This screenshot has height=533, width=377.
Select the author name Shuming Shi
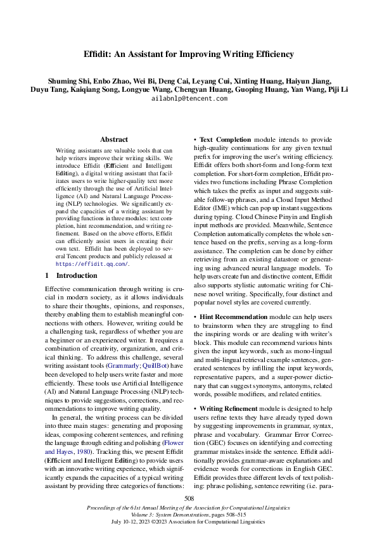click(67, 83)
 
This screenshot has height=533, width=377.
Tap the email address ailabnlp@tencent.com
click(189, 99)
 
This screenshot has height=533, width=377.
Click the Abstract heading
click(114, 139)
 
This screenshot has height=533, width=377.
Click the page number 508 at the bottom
click(188, 499)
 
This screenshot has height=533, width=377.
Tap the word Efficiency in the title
click(271, 54)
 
